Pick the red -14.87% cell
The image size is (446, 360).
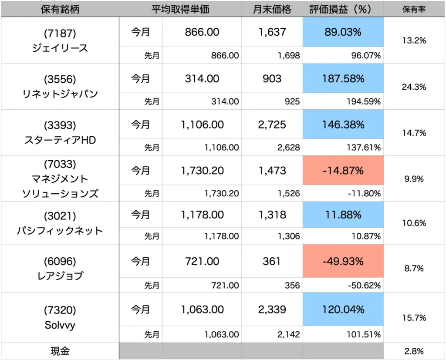343,171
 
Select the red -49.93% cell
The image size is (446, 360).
343,262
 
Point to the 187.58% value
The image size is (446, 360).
343,79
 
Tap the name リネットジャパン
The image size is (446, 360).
60,93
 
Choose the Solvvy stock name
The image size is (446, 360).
60,325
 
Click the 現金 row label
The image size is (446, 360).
60,350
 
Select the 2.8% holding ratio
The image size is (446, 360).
414,351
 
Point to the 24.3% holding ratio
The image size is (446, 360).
414,87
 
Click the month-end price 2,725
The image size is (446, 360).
272,125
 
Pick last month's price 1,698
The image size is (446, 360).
287,56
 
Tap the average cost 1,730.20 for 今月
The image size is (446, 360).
202,171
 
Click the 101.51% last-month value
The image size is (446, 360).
363,335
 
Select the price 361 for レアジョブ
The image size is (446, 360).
272,262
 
